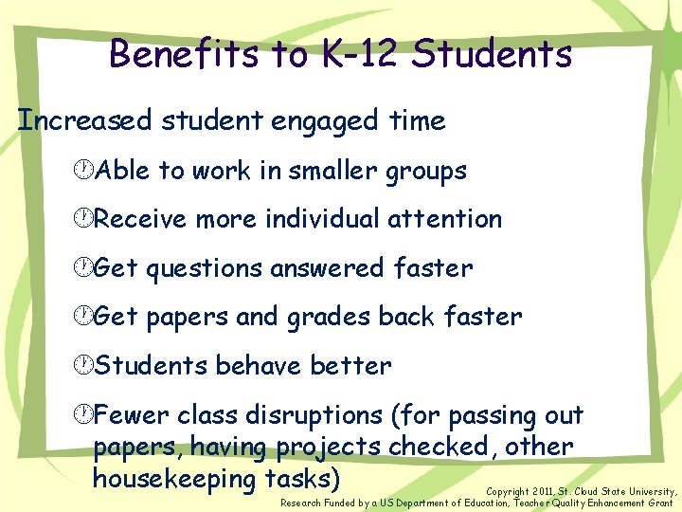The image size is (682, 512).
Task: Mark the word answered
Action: [328, 268]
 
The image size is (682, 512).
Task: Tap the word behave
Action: [256, 365]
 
